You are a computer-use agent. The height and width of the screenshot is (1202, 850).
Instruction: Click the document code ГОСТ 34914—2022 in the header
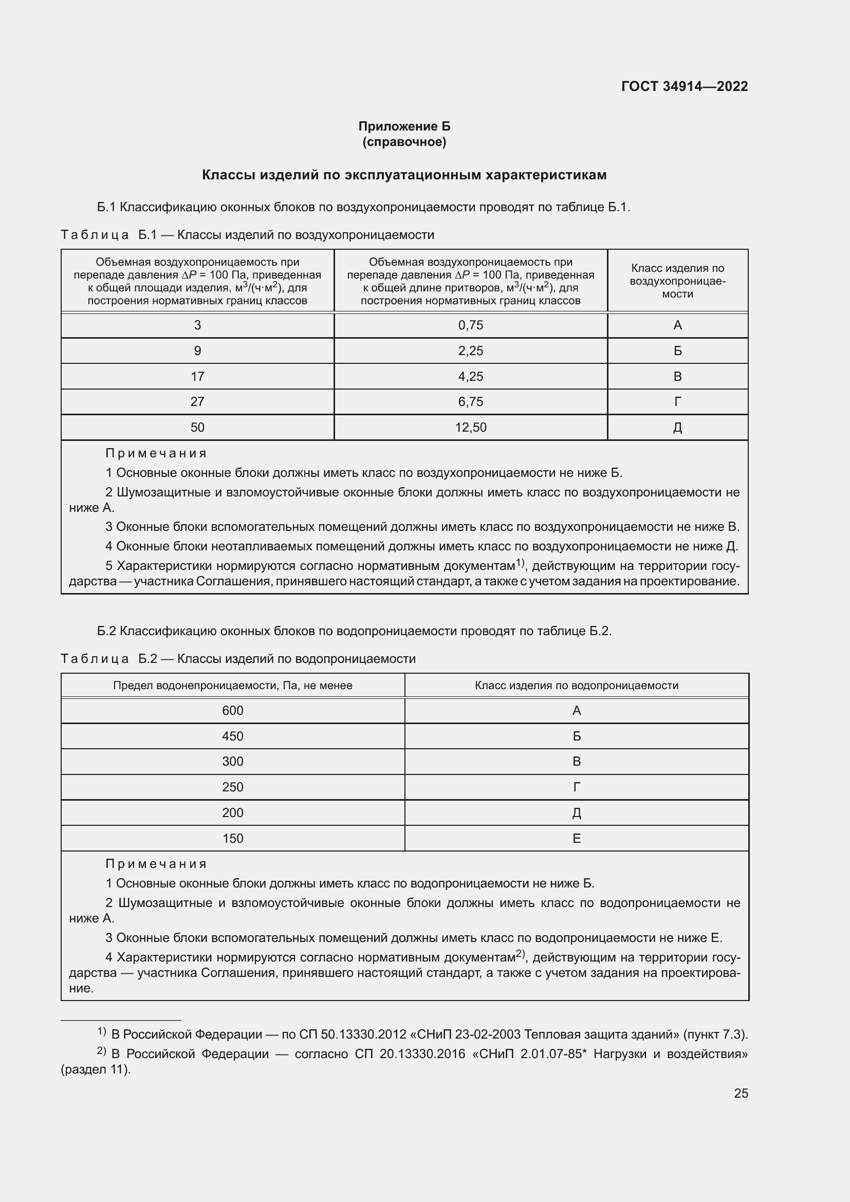click(x=684, y=86)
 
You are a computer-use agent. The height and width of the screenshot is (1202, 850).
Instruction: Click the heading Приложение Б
click(x=404, y=126)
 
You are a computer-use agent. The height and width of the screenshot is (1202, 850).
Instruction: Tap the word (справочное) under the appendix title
click(x=404, y=142)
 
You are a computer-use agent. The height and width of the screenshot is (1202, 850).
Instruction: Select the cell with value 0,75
click(x=471, y=325)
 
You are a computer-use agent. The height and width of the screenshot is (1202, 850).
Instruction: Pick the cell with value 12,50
click(x=471, y=427)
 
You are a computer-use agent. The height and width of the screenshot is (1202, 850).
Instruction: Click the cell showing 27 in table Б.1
click(x=197, y=401)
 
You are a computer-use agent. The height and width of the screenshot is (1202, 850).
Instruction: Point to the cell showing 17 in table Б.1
click(x=197, y=376)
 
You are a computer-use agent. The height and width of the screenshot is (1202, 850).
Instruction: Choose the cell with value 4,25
click(x=471, y=376)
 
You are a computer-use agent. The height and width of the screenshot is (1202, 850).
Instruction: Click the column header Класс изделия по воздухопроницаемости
click(x=677, y=281)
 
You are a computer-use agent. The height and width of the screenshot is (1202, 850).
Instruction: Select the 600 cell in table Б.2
click(x=232, y=710)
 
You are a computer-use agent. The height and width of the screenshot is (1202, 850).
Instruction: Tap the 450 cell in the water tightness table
click(x=232, y=736)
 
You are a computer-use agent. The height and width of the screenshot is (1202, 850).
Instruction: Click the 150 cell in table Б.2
click(x=232, y=838)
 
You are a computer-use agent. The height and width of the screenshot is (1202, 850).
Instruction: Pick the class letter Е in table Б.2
click(x=576, y=838)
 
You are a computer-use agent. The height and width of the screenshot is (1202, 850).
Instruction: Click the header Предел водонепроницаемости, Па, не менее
click(x=232, y=686)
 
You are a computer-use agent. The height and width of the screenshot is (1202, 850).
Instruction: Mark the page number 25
click(x=741, y=1093)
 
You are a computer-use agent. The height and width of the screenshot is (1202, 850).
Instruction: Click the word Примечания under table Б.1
click(x=156, y=453)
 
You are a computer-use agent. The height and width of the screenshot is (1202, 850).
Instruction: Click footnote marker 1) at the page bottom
click(x=102, y=1032)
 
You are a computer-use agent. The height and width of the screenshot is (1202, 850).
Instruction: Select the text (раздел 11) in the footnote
click(x=95, y=1069)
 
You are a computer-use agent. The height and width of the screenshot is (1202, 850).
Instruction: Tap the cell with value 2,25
click(x=471, y=351)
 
